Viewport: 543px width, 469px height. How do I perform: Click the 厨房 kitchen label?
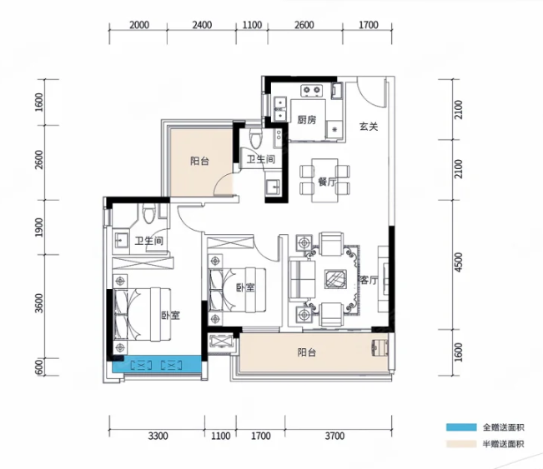tap(307, 120)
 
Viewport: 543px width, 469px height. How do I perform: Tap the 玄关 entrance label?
tap(368, 127)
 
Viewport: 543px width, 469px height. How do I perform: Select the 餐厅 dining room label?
tap(327, 182)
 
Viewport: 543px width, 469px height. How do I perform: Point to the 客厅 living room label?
tap(369, 281)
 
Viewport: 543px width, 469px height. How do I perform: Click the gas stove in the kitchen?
tap(312, 91)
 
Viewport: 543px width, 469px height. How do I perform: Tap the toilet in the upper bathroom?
tap(257, 138)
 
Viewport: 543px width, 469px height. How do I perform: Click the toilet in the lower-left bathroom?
tap(149, 212)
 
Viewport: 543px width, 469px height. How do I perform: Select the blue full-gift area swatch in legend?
tap(461, 427)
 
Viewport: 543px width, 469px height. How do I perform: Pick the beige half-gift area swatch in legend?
tap(461, 444)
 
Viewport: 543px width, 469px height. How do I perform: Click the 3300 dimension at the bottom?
tap(158, 436)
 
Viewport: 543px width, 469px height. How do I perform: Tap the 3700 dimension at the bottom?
tap(334, 436)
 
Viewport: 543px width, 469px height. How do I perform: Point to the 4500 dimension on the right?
tap(459, 262)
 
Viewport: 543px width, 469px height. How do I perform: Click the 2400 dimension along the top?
tap(202, 25)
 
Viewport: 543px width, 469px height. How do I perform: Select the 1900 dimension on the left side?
tap(39, 227)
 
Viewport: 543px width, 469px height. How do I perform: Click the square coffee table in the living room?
tap(334, 279)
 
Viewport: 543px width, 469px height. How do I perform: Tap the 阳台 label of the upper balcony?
tap(199, 161)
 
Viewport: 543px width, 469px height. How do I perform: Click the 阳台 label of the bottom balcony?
tap(306, 352)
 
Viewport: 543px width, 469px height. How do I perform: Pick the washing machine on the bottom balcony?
tap(380, 347)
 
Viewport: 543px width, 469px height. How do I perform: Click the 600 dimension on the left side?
tap(39, 367)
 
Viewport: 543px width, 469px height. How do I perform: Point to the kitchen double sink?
tap(279, 108)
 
